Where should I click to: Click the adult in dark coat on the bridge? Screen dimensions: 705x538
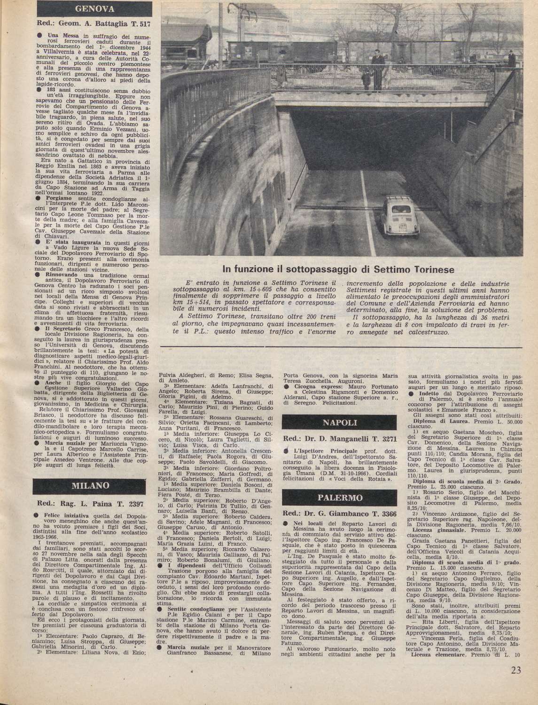point(378,68)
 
